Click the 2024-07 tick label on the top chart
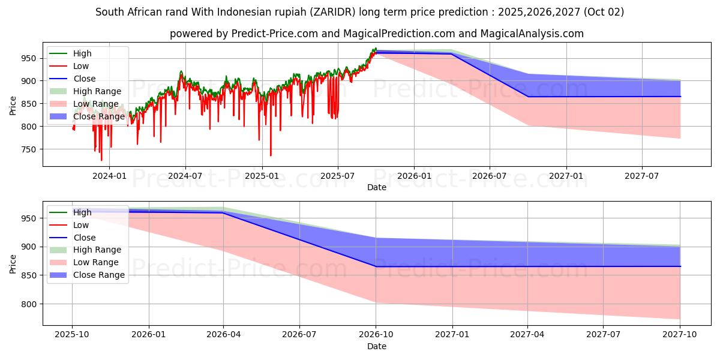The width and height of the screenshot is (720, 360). (x=185, y=176)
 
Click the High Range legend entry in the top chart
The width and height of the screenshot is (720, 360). (x=97, y=91)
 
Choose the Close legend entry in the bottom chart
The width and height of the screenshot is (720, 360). (x=84, y=238)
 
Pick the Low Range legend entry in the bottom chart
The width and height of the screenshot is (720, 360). (x=96, y=262)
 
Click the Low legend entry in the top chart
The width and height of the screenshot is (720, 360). (x=81, y=66)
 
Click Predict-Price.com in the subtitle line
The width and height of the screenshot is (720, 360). (x=277, y=34)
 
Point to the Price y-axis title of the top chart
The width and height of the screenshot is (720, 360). (x=13, y=104)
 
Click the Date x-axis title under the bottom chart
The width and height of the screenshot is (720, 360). (x=376, y=346)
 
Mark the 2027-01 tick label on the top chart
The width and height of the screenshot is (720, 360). (x=566, y=176)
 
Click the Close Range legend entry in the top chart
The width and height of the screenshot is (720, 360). (x=98, y=116)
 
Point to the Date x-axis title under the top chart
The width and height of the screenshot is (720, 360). (x=376, y=187)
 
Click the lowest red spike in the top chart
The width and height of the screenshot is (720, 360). (x=101, y=160)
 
